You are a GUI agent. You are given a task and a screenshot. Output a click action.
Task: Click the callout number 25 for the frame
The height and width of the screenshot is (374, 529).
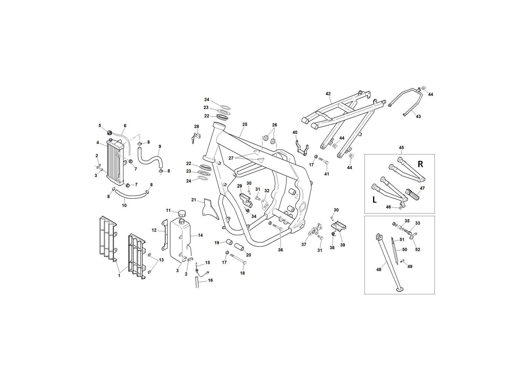(244, 124)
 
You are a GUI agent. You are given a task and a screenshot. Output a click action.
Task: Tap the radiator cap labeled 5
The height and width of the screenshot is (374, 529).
(109, 132)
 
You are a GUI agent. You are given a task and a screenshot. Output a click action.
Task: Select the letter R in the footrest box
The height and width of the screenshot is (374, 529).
(420, 164)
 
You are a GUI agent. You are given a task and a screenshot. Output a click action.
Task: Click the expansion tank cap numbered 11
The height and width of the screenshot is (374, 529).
(182, 214)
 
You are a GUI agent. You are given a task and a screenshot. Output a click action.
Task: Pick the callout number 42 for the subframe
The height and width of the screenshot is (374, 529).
(328, 93)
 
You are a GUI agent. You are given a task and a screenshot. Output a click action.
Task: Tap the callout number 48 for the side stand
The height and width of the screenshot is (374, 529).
(379, 269)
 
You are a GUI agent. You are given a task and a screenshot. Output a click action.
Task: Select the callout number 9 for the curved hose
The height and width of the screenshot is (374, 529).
(160, 147)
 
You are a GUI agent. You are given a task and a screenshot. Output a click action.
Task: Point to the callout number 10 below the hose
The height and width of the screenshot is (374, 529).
(124, 205)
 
